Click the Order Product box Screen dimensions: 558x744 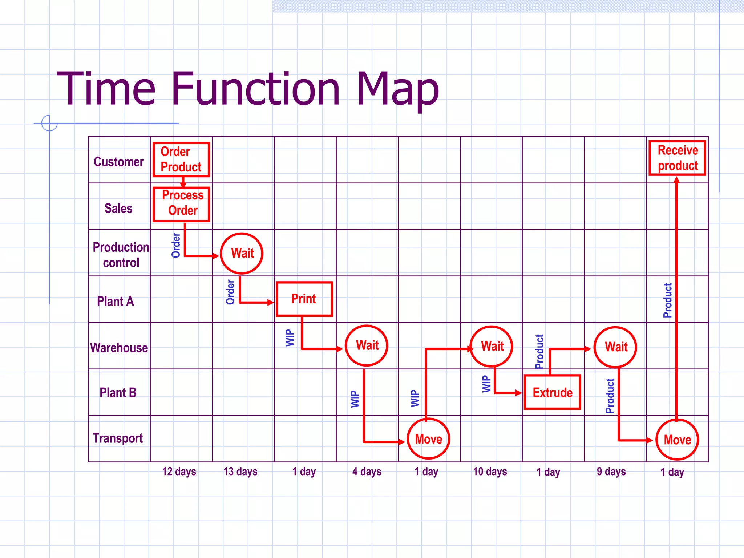181,159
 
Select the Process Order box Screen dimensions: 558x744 181,204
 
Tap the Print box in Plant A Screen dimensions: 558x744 304,299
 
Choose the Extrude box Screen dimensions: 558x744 552,392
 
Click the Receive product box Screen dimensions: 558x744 677,158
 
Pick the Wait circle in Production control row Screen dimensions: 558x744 242,253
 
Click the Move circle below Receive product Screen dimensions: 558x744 677,440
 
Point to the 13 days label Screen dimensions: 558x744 240,472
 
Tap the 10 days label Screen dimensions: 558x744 490,472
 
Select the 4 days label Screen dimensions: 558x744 367,472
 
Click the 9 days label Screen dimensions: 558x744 611,472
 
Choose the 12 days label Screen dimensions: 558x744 179,472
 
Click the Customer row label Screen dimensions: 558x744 119,162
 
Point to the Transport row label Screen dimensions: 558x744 118,438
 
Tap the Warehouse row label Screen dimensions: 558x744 119,348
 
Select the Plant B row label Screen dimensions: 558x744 118,393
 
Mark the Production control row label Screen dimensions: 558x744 121,255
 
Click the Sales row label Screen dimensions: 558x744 118,208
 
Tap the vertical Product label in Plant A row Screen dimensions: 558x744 667,300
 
